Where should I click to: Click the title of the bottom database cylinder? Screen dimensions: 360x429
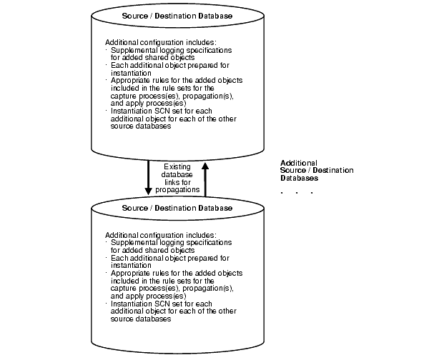177,208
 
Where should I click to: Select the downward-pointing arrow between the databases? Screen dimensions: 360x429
148,177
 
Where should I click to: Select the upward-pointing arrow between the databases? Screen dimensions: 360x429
205,177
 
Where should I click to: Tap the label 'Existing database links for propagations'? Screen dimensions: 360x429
177,177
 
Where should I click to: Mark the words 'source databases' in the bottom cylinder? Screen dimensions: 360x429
141,319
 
